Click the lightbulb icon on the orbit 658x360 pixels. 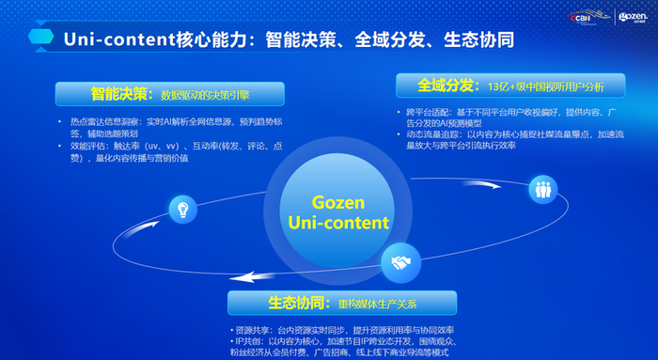pyautogui.click(x=181, y=210)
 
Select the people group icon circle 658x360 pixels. pyautogui.click(x=543, y=187)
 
